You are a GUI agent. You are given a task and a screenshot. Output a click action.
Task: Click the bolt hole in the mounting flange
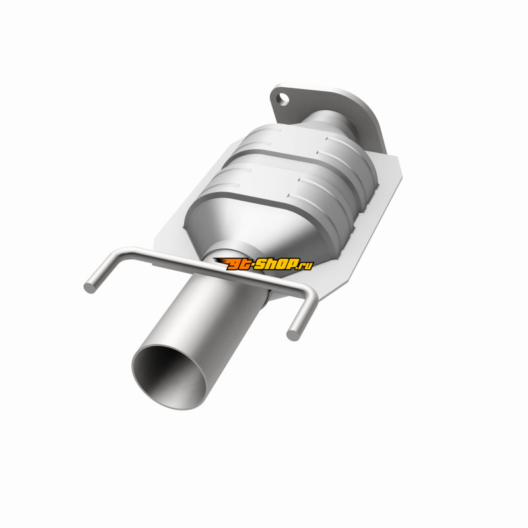[x=283, y=99]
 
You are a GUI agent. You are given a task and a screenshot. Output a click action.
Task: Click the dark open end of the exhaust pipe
[x=169, y=377]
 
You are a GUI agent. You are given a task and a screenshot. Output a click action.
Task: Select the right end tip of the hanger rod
[x=292, y=335]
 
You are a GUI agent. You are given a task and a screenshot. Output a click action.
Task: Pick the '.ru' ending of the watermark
[x=306, y=265]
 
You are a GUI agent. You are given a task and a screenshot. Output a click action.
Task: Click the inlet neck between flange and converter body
[x=332, y=122]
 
